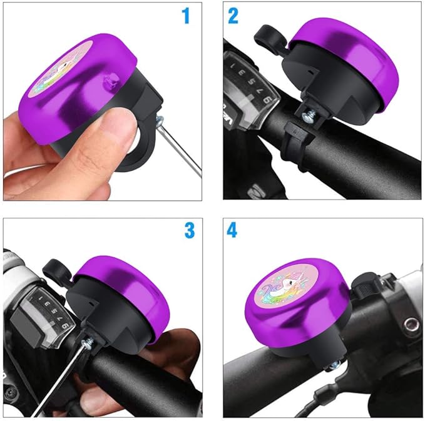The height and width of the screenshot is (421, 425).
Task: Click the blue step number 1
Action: (185, 16)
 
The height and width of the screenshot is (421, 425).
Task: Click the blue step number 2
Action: (233, 16)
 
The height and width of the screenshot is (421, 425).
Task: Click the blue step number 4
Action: (232, 230)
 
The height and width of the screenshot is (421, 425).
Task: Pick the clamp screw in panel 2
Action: (309, 113)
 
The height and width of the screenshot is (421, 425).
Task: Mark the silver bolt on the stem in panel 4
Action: (411, 324)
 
